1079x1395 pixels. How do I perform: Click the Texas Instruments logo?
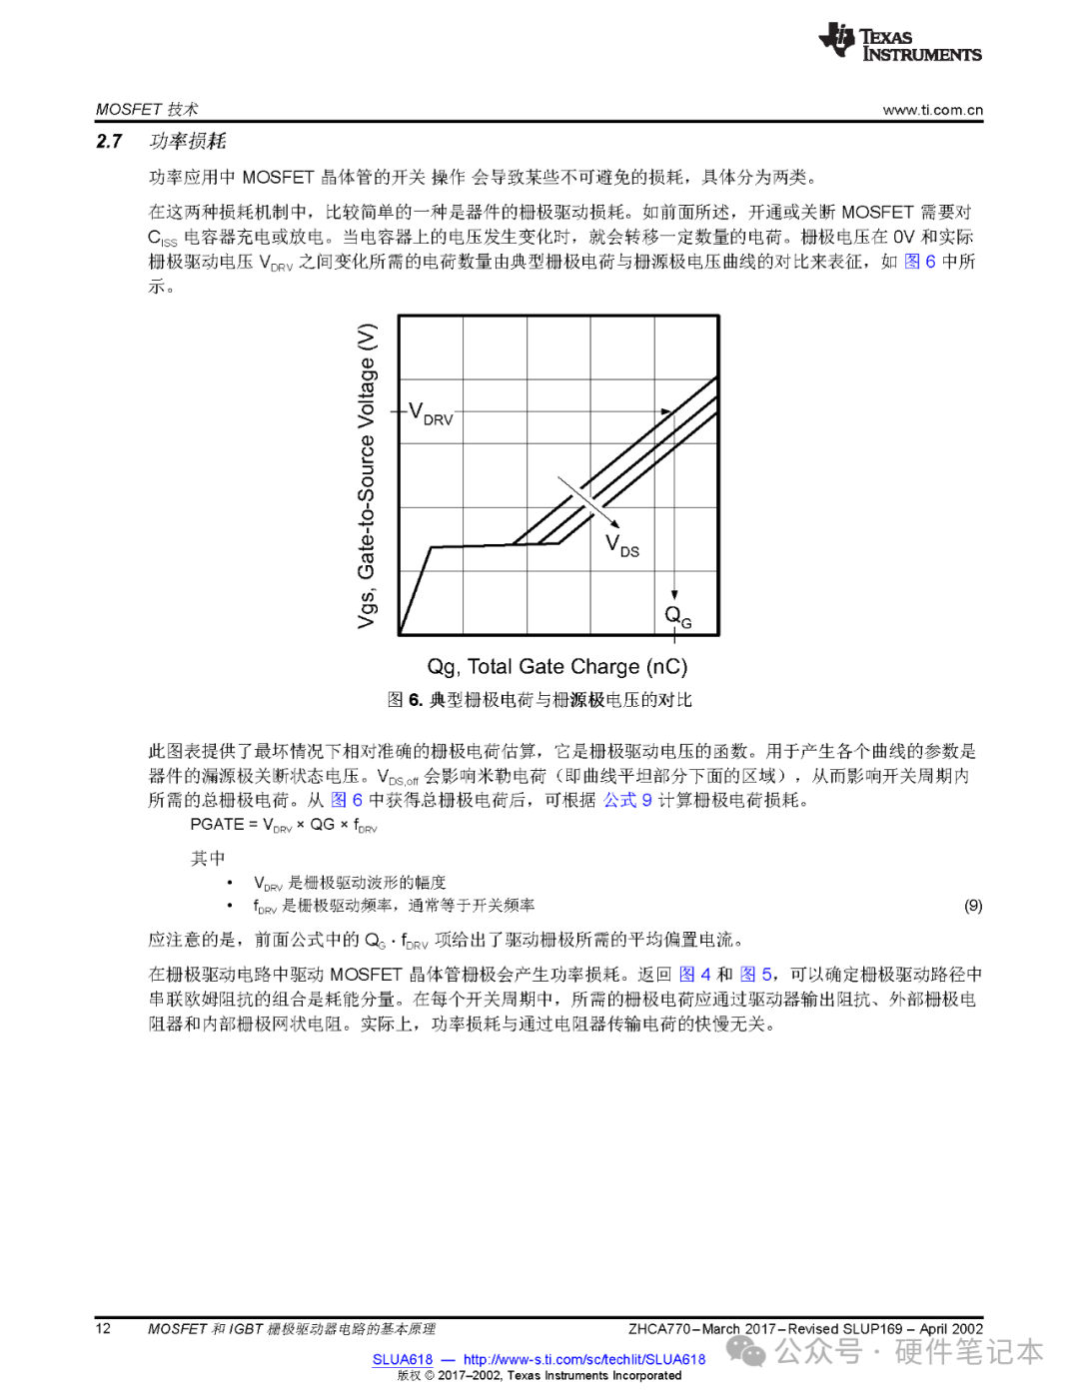899,43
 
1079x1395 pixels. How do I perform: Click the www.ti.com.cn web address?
932,110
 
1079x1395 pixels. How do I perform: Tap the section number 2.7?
109,142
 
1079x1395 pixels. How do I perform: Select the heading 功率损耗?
188,142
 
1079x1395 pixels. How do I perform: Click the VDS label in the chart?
622,545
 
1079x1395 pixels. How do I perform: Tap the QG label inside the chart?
678,616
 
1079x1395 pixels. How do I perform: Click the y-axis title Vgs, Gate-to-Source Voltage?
367,475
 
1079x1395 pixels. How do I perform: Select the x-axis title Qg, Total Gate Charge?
556,667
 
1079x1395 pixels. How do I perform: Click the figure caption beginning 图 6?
539,700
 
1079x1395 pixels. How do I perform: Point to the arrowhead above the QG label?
674,594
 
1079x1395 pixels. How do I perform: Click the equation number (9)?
973,906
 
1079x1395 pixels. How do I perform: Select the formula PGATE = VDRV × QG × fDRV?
284,825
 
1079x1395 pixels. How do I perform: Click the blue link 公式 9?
627,800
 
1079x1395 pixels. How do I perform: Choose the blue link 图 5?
755,975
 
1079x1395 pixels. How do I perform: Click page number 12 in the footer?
103,1328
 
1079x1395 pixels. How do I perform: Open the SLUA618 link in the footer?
403,1359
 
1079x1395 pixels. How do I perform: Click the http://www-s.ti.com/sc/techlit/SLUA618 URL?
583,1359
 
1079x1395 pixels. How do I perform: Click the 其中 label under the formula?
208,859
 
